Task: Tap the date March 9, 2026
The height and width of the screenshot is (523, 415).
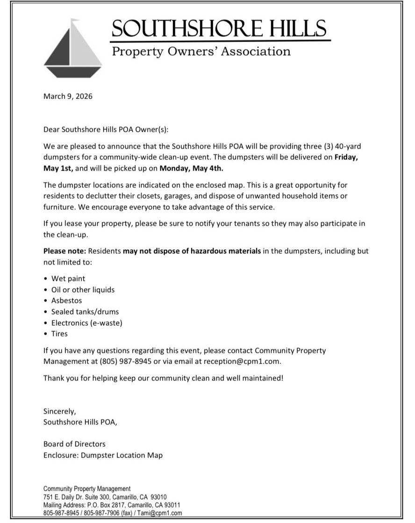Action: click(x=68, y=97)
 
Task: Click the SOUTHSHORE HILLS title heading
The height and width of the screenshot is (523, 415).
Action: click(x=219, y=29)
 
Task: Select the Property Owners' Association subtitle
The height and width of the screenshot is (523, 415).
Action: click(x=201, y=51)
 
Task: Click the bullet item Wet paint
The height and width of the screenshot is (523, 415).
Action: click(x=68, y=279)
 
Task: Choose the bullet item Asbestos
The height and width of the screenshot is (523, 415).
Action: click(x=66, y=301)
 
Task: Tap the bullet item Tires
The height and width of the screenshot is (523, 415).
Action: click(x=59, y=334)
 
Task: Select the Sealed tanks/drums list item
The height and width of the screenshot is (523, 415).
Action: click(x=85, y=312)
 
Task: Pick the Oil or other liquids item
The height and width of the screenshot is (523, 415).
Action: click(x=83, y=290)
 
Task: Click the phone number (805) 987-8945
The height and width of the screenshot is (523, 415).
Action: click(x=126, y=361)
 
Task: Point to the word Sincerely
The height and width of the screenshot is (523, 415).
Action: click(x=59, y=412)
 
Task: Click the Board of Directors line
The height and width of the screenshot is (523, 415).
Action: click(x=74, y=444)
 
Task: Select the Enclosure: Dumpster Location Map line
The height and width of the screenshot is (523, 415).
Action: click(x=103, y=455)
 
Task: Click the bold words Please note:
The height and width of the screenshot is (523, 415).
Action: click(x=64, y=251)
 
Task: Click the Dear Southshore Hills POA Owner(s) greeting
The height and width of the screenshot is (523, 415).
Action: click(x=108, y=128)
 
